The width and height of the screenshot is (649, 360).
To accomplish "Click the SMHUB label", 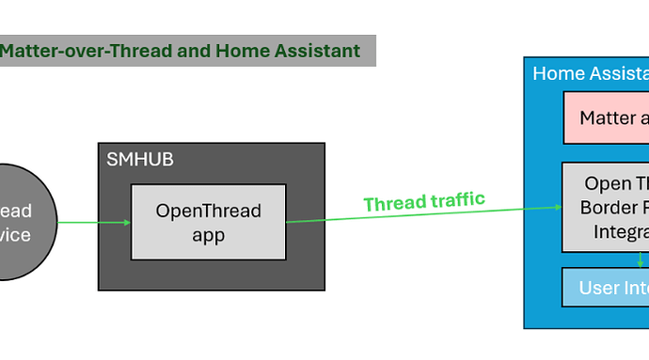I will pyautogui.click(x=140, y=160).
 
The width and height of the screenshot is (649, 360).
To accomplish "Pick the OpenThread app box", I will pyautogui.click(x=208, y=222).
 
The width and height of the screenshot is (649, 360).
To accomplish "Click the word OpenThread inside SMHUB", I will pyautogui.click(x=208, y=211).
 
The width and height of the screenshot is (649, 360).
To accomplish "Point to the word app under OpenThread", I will pyautogui.click(x=208, y=234).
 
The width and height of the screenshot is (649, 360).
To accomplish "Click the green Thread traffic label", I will pyautogui.click(x=424, y=201).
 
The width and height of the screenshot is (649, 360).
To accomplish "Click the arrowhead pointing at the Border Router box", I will pyautogui.click(x=557, y=208).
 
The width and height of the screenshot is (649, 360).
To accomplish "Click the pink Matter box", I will pyautogui.click(x=607, y=117).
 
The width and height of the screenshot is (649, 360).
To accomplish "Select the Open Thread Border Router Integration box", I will pyautogui.click(x=607, y=207).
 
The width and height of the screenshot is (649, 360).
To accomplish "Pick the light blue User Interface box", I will pyautogui.click(x=607, y=287).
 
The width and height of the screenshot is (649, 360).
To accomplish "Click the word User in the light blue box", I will pyautogui.click(x=598, y=288).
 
